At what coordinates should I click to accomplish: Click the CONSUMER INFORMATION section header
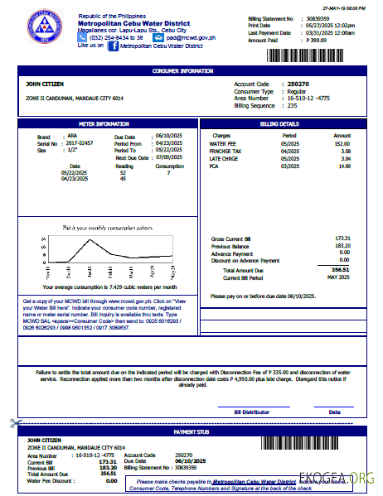191,71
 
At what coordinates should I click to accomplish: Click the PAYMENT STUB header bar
191,432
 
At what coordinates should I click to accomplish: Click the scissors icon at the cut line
15,423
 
